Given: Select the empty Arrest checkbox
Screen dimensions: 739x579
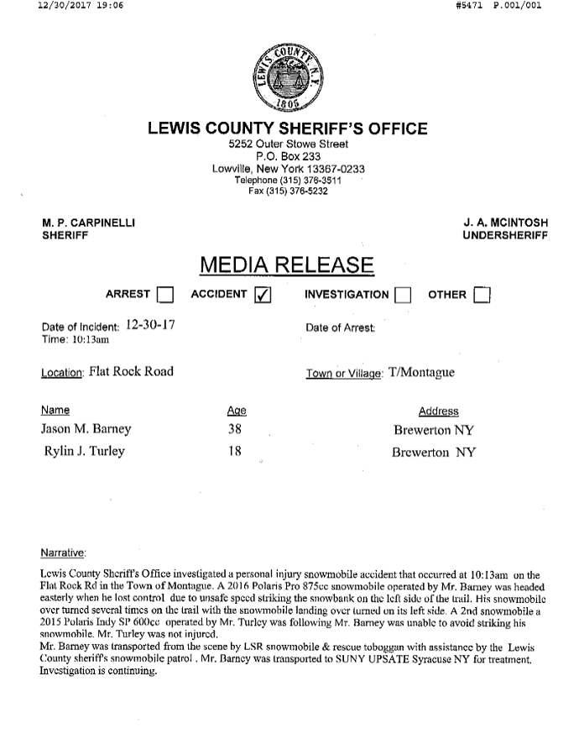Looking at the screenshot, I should (165, 295).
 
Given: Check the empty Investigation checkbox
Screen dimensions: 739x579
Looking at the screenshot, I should (403, 295).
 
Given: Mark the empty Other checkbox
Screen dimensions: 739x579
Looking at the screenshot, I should (482, 295).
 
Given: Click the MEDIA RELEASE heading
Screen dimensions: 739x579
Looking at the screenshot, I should (287, 265).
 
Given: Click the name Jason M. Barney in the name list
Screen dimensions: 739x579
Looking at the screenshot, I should (86, 430).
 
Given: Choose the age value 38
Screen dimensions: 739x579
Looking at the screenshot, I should (235, 430).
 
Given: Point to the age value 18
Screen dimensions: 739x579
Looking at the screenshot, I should (235, 452).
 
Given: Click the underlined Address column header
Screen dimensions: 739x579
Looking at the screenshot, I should (438, 411).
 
